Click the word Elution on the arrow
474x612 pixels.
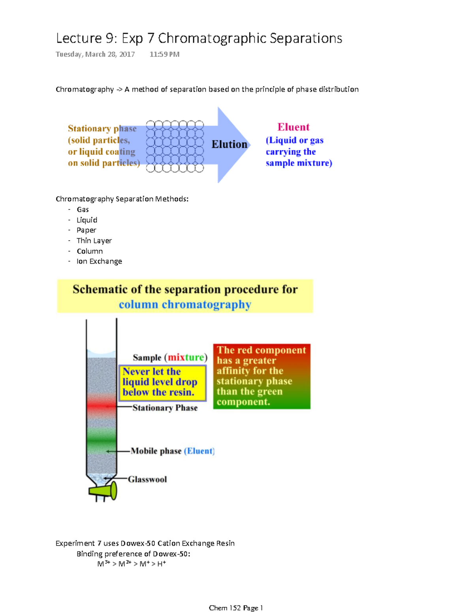click(x=229, y=145)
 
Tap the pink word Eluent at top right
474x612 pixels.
click(x=293, y=127)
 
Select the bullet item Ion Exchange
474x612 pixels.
click(x=99, y=261)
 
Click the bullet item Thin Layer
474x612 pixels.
click(x=94, y=241)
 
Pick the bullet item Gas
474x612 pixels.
click(x=83, y=209)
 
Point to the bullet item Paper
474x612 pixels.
click(x=86, y=230)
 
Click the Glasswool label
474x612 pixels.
click(x=147, y=479)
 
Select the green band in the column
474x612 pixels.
click(x=101, y=437)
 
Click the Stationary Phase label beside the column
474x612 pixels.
click(x=165, y=408)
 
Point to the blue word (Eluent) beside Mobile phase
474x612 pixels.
click(x=199, y=451)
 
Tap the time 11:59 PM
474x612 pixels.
click(x=164, y=55)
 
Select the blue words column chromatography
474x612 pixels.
click(x=185, y=305)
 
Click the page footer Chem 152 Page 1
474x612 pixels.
click(x=236, y=608)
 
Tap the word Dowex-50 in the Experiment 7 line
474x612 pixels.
click(x=138, y=543)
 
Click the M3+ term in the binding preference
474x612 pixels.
click(x=103, y=564)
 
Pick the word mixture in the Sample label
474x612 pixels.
click(x=186, y=358)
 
